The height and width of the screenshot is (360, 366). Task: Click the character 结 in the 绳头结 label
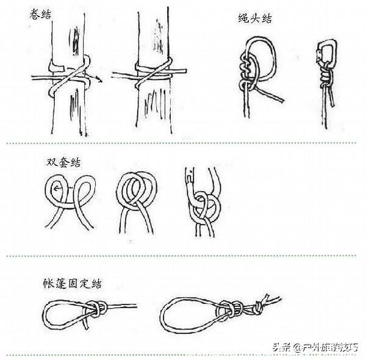pos(266,19)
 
